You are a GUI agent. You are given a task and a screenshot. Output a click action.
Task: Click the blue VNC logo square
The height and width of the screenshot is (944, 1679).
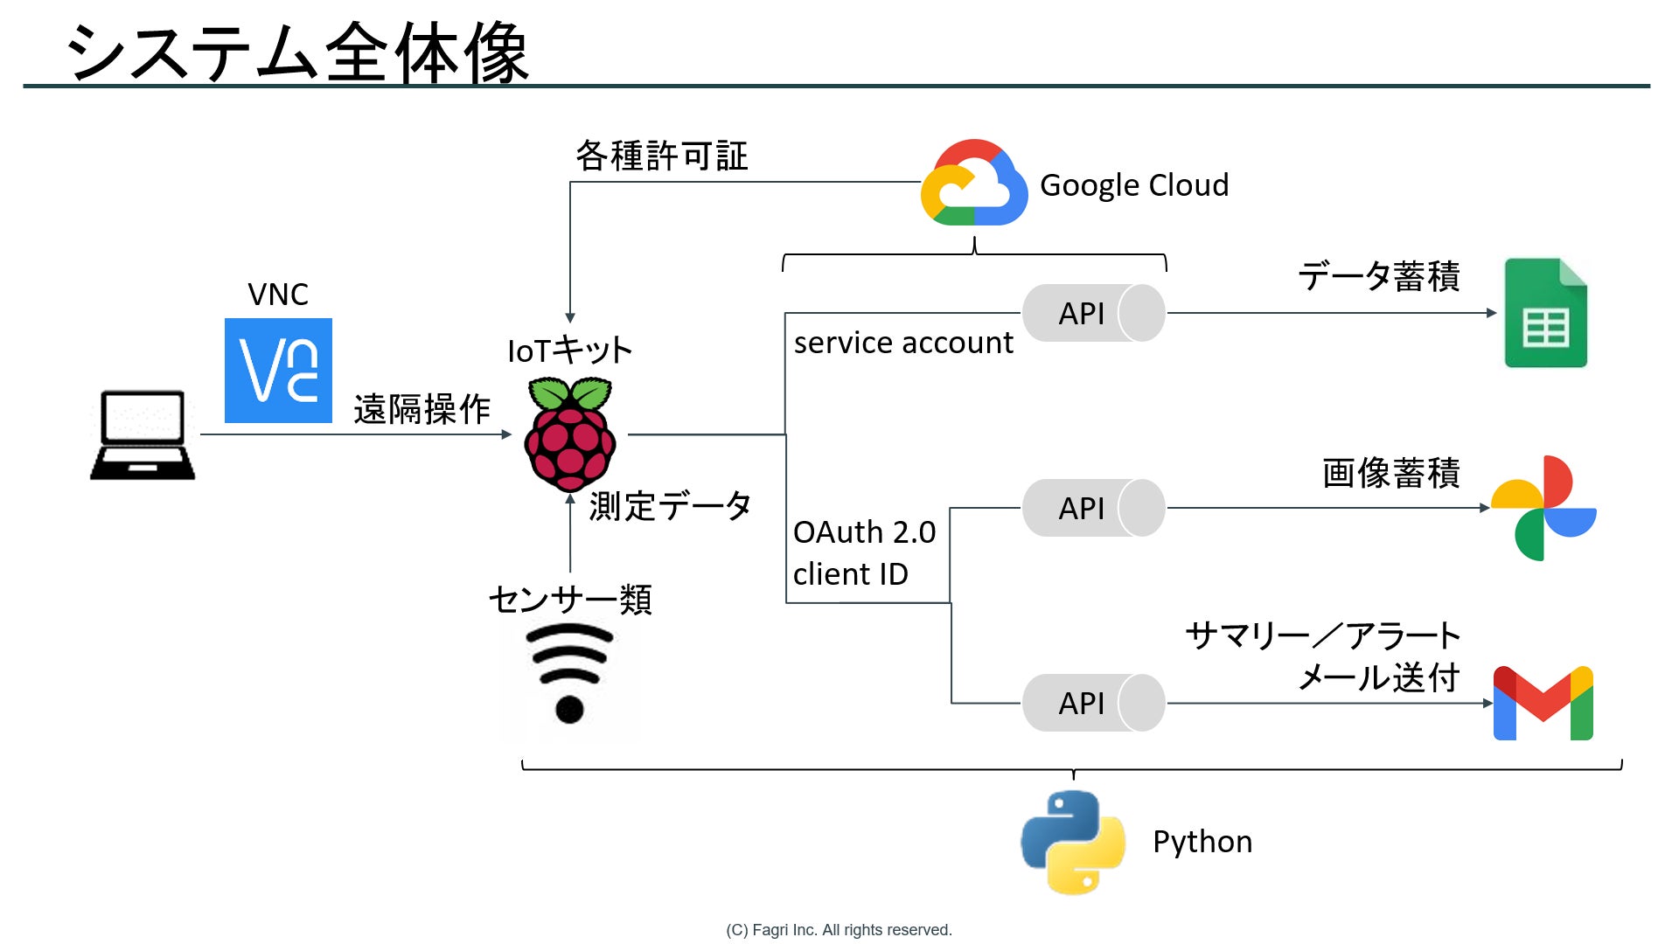point(278,371)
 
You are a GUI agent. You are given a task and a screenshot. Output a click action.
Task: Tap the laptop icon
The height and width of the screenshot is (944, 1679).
point(143,434)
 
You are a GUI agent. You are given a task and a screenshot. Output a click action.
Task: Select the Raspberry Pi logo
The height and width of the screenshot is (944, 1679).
point(570,434)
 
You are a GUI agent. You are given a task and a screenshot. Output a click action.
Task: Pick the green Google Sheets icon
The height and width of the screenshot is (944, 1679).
point(1545,313)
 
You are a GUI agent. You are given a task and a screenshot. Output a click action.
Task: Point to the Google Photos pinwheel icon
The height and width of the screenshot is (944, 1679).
point(1543,508)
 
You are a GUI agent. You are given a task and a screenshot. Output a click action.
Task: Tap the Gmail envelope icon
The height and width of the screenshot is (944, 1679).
point(1543,704)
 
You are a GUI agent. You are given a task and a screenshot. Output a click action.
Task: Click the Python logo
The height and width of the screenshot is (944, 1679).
point(1073,842)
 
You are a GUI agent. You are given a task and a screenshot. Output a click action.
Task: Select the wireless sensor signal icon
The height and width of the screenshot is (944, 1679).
point(569,673)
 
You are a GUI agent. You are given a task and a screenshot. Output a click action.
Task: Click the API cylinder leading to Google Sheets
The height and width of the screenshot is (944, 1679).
point(1093,313)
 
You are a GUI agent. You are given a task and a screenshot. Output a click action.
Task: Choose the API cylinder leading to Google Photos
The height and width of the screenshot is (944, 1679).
point(1093,508)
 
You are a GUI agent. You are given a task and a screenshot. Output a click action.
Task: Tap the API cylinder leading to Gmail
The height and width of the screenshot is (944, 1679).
point(1093,703)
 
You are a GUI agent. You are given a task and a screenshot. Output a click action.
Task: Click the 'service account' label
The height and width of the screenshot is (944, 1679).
point(903,343)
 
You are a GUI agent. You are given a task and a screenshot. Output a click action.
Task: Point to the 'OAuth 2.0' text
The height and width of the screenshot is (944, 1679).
point(864,531)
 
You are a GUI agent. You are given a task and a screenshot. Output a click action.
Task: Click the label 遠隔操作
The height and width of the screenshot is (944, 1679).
point(421,409)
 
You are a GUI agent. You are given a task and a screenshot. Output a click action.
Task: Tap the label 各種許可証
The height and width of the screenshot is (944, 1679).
point(661,156)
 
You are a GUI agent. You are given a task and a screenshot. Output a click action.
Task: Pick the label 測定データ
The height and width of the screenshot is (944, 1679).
point(670,506)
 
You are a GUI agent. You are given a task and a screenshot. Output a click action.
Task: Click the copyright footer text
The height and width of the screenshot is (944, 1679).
point(839,930)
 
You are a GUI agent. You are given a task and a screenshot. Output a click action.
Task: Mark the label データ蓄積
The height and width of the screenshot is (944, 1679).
point(1378,276)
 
